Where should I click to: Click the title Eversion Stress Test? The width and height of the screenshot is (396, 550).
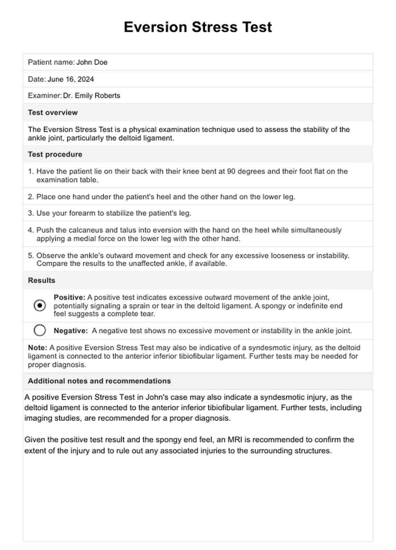[198, 27]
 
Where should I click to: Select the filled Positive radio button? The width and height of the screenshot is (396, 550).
[40, 305]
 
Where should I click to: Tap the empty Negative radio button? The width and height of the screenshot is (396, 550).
[40, 330]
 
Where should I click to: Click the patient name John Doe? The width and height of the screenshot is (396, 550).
[92, 62]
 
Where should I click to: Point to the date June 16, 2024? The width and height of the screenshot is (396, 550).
[71, 79]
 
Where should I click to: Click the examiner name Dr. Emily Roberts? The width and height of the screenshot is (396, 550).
[92, 96]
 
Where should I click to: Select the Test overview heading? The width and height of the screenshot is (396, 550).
[53, 113]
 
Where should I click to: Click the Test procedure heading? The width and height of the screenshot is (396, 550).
[55, 155]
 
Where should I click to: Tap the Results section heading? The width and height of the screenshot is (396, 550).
[41, 280]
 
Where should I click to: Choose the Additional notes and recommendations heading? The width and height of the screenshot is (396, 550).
[99, 381]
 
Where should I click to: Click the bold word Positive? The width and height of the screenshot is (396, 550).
[69, 297]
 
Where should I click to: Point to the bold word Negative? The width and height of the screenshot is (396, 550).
[71, 331]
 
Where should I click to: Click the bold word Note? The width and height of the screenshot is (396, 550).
[37, 348]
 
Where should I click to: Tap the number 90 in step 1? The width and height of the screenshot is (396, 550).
[231, 171]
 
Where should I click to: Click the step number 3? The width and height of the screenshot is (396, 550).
[31, 213]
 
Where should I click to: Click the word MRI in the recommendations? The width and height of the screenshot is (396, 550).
[235, 440]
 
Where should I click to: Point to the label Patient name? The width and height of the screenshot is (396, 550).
[51, 62]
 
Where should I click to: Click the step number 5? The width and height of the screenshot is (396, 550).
[31, 255]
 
